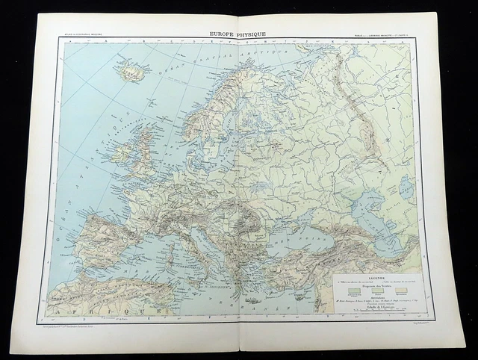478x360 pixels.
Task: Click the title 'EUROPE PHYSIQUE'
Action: click(x=238, y=34)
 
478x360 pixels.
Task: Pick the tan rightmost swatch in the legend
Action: click(x=401, y=291)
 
